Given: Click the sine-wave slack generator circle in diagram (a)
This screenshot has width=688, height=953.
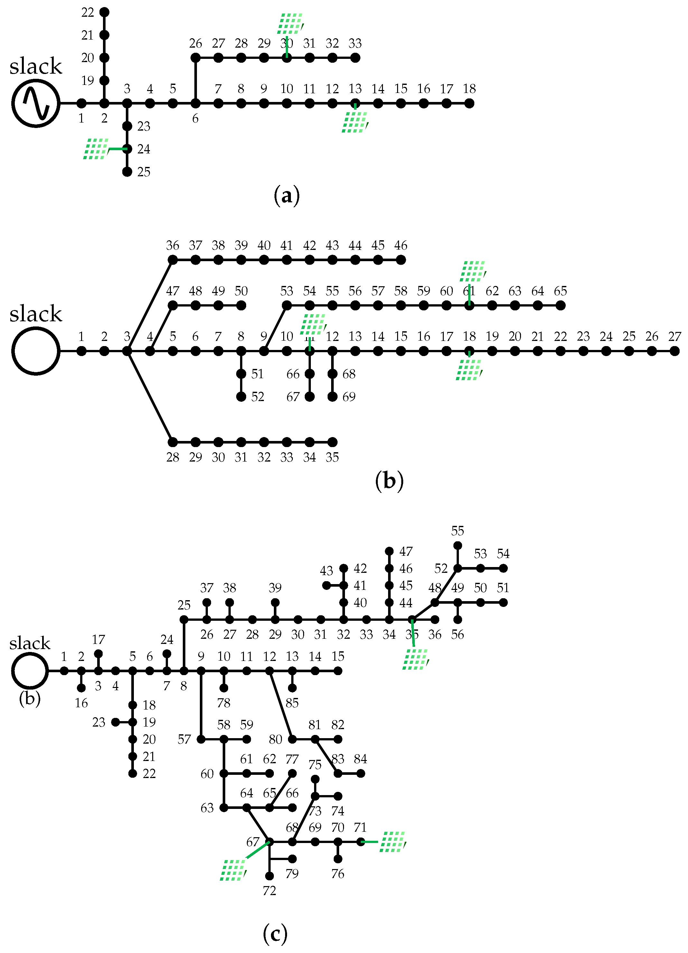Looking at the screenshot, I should pos(36,103).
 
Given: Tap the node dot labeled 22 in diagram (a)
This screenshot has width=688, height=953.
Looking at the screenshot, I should pos(104,12).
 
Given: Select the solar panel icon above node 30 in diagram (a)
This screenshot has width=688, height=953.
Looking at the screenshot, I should pos(290,23).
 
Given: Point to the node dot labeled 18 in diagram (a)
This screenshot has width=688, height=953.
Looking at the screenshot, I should pos(470,103).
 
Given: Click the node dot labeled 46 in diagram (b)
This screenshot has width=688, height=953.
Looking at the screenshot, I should pos(401,260).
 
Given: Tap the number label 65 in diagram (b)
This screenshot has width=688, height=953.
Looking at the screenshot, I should pos(560,291).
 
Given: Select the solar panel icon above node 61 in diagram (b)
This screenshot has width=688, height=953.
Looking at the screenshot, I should pos(473,271).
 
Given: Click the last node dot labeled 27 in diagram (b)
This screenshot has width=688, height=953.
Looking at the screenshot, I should pos(674,351).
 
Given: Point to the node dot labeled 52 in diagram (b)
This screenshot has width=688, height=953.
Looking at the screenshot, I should pos(241,397).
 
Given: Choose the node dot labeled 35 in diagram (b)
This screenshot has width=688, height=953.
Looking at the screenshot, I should pos(332,442).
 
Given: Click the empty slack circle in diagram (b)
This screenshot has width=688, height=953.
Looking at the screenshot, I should pos(36,351).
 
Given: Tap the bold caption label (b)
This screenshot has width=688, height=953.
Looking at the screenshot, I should pos(389,481).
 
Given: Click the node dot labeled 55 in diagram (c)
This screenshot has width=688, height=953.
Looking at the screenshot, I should pos(458,545).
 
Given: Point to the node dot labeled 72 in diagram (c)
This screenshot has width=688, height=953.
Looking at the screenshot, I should pos(269,876).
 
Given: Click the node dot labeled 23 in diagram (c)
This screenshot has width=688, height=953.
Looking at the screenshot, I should pos(115,722).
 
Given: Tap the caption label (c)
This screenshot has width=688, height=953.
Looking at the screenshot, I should pos(275,934).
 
